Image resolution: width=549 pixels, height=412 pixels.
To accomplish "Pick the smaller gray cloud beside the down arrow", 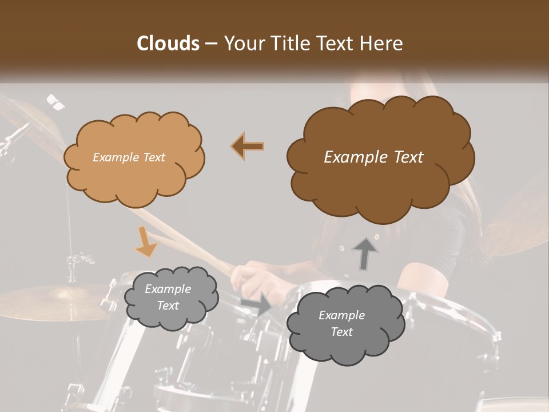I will click(x=170, y=298).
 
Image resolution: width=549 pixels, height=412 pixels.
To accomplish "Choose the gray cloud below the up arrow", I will click(x=345, y=324).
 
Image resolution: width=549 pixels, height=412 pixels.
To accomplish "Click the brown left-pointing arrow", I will click(x=248, y=146).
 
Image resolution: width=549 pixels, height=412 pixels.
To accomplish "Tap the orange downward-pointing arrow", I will click(x=146, y=241).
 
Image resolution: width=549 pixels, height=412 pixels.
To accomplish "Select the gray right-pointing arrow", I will click(x=257, y=303).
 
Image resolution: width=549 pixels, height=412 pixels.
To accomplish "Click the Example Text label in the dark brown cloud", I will click(x=373, y=157).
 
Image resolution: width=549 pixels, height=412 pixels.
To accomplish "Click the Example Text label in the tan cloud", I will click(x=129, y=157).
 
